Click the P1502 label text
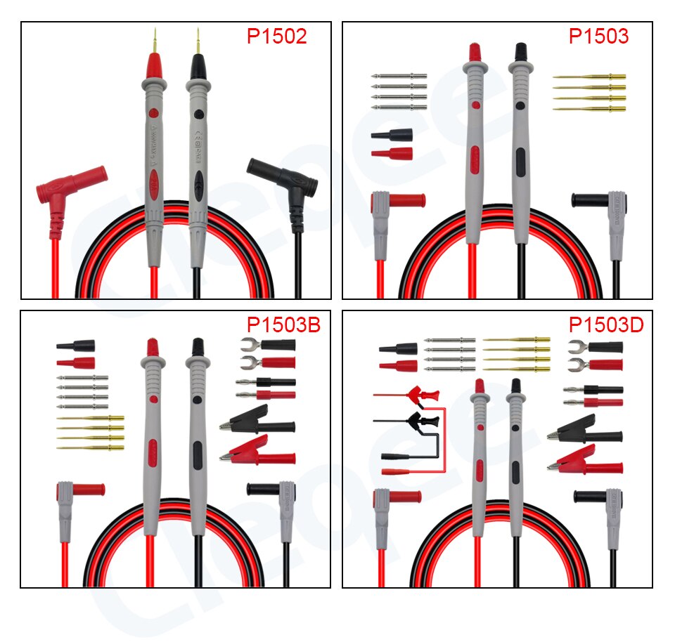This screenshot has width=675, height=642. (276, 37)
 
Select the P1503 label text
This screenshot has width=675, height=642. (598, 37)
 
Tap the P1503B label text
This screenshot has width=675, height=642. (283, 325)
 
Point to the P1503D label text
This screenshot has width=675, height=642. (605, 325)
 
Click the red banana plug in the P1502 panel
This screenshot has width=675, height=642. (70, 186)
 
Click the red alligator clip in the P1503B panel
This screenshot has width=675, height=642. (257, 451)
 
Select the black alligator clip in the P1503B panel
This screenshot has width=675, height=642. (257, 423)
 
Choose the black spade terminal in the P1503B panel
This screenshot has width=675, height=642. (267, 345)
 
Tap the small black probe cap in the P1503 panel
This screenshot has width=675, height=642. (392, 134)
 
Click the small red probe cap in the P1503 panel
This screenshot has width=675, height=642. (392, 152)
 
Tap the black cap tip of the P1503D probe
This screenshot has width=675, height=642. (516, 386)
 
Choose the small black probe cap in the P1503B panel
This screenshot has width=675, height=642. (76, 346)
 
